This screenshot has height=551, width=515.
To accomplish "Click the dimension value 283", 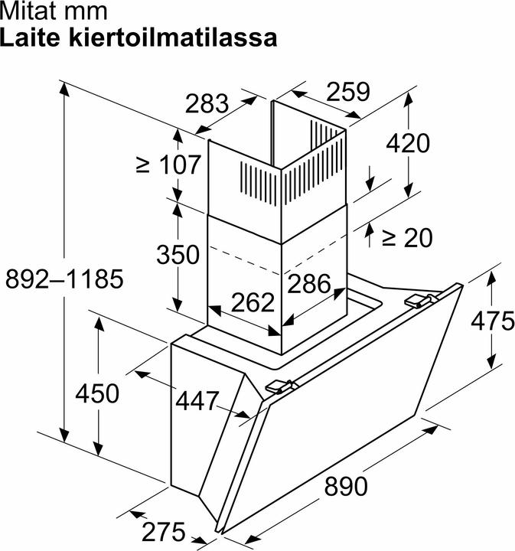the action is pos(207,103).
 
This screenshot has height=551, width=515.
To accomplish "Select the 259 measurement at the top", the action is pos(348,92).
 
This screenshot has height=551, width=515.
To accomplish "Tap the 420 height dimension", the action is pos(408,143).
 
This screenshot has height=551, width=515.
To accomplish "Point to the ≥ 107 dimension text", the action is pos(168,164).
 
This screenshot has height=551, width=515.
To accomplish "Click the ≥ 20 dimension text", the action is pos(407,238).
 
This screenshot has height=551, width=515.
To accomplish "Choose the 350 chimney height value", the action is pos(178,254).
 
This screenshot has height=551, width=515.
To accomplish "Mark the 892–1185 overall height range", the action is pos(64,279).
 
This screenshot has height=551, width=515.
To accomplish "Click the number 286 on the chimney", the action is pos(309,283).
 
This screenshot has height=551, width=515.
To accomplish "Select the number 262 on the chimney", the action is pos(253,302).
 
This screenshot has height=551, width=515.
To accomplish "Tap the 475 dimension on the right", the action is pos(493,321).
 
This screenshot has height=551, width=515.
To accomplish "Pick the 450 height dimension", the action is pos(97,393).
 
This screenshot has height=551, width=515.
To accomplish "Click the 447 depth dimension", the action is pos(197,400).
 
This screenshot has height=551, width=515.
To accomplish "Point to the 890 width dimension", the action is pos(346,487).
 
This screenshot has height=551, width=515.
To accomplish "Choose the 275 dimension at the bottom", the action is pos(163,532).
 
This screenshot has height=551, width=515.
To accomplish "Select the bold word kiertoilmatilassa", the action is pos(173,37).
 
